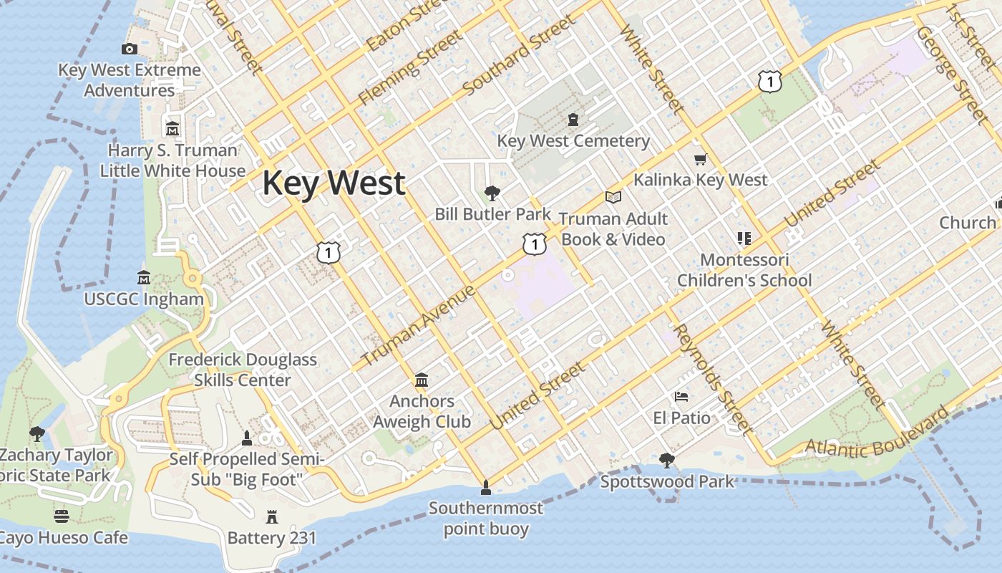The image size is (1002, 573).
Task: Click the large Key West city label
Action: point(334,183)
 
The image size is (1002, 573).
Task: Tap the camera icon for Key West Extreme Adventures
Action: point(130,49)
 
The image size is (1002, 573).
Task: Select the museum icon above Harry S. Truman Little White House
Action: point(172,129)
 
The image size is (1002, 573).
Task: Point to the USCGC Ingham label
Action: point(144,299)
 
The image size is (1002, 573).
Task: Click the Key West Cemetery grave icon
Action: point(573,119)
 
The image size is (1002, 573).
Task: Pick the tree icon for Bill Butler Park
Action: point(492,193)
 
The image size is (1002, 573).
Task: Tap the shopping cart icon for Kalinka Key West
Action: point(700,159)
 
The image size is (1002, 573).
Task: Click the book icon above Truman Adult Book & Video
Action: point(613,197)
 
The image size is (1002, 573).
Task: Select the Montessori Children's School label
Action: point(744,270)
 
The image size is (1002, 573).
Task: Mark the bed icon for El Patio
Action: point(681,396)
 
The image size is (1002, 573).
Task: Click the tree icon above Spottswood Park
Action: point(667,460)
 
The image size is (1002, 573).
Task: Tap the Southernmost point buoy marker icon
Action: point(486,488)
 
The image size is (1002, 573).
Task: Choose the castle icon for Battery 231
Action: point(271,516)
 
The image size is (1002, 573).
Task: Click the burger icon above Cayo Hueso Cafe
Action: point(62,516)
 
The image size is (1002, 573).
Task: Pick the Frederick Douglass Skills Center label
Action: point(243,370)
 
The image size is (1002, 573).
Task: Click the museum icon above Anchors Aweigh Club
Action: point(422,379)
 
